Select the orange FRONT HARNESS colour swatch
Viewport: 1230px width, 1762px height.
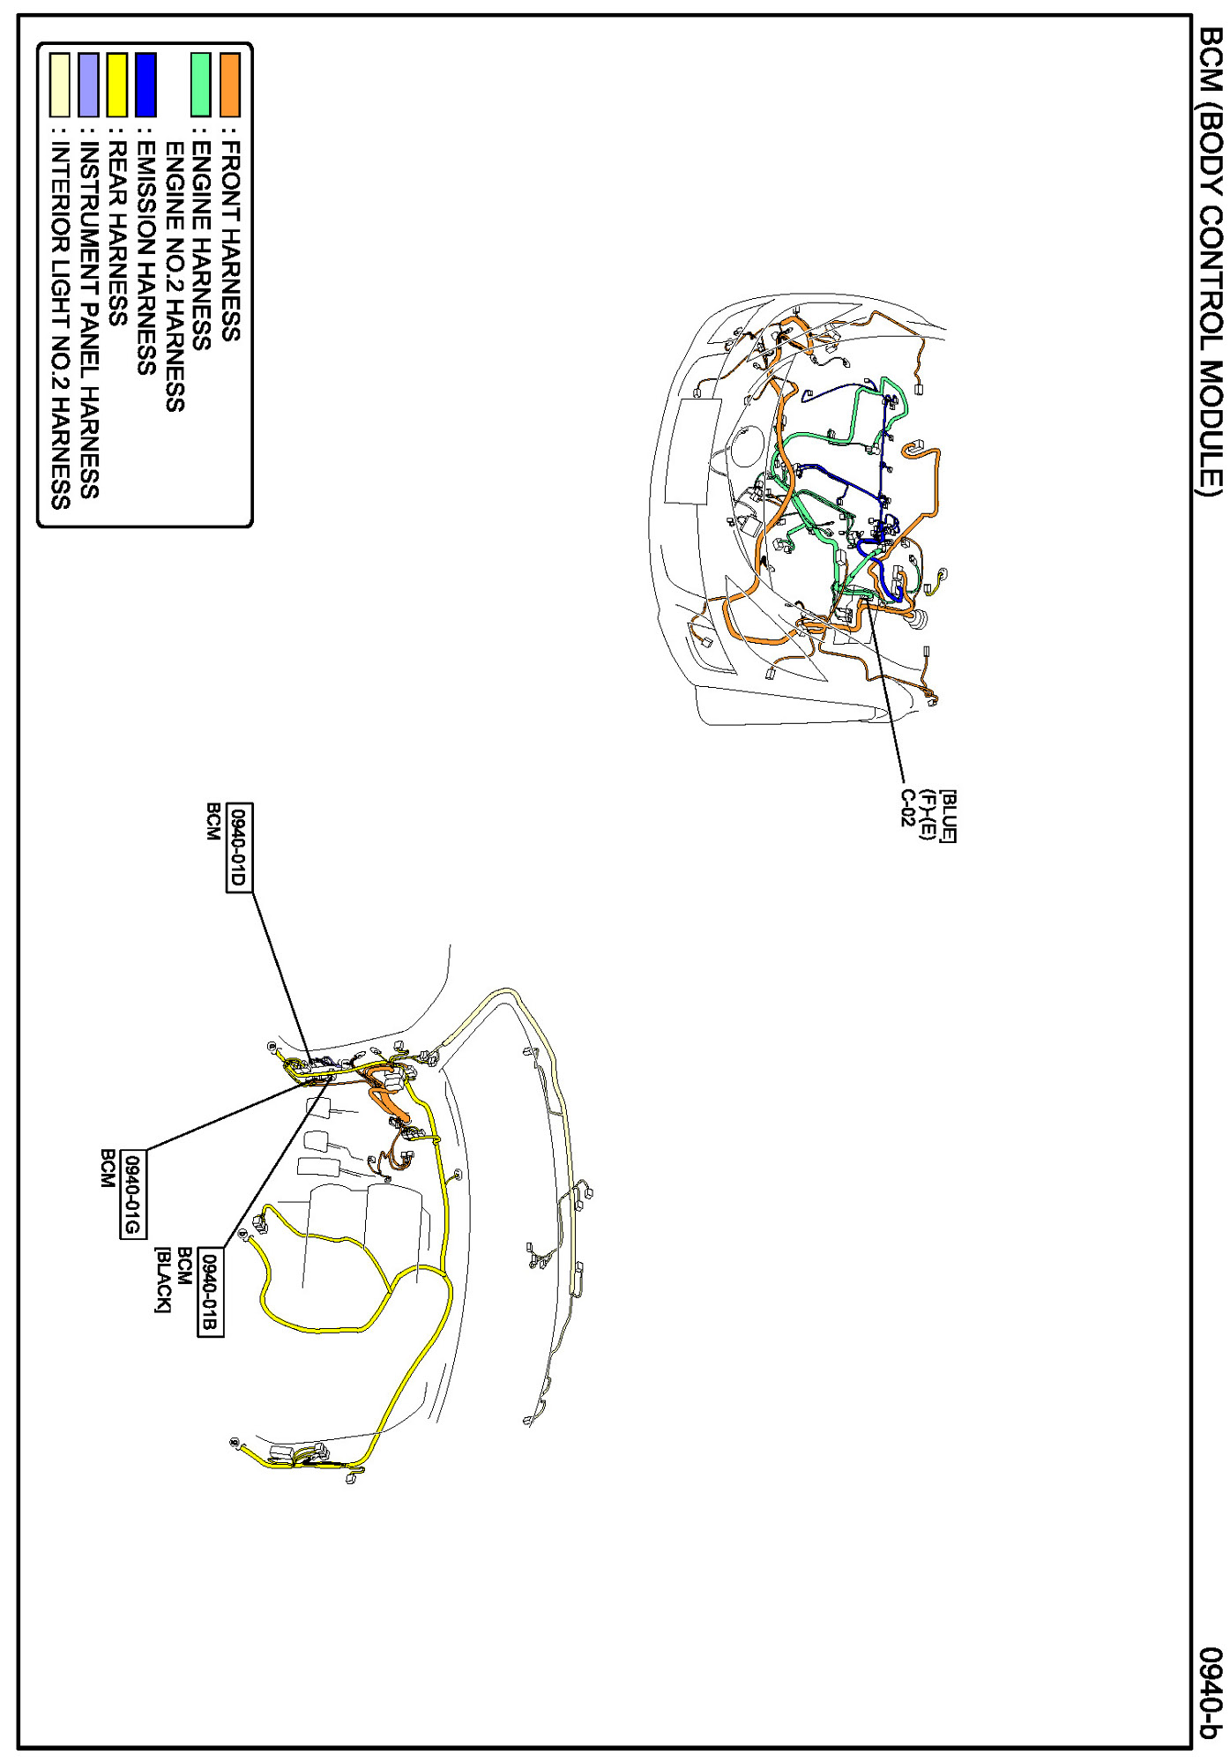point(230,85)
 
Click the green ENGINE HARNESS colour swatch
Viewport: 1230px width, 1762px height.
point(202,85)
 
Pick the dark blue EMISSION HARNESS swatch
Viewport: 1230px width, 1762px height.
point(145,85)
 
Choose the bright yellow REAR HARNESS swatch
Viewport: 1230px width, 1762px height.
point(117,85)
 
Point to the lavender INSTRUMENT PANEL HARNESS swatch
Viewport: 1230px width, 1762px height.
point(88,85)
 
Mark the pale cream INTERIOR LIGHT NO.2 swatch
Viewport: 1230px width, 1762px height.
point(60,85)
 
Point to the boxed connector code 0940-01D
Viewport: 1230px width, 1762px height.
point(239,847)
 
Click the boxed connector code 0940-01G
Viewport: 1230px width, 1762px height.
point(133,1195)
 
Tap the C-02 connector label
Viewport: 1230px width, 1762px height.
point(908,808)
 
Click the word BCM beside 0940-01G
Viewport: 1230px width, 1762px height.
point(108,1168)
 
